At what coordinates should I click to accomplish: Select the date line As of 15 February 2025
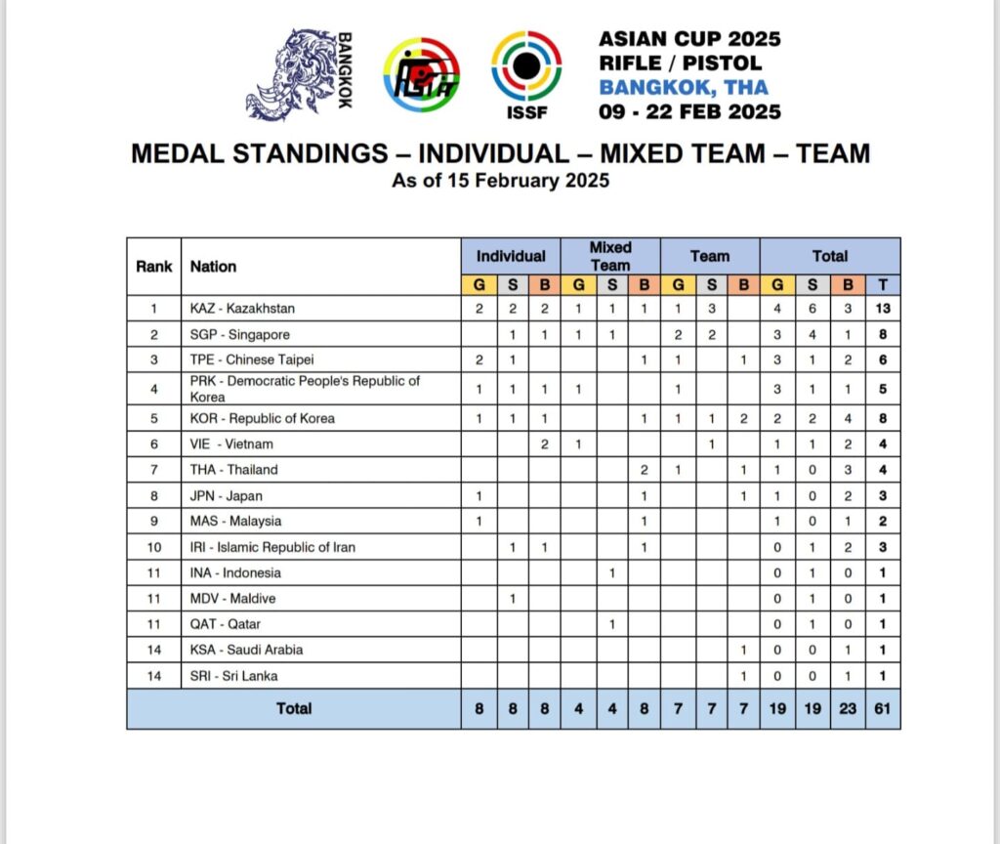(500, 181)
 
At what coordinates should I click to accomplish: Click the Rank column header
(154, 266)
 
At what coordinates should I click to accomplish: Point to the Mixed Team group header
(610, 256)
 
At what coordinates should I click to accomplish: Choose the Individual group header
(511, 256)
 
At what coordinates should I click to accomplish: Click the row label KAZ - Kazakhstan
(242, 309)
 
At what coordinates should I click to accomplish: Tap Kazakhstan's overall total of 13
(883, 309)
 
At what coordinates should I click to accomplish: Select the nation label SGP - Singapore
(239, 335)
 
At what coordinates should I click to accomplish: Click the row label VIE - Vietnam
(231, 444)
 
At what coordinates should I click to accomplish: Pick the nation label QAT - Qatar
(226, 623)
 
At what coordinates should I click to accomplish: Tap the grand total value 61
(883, 708)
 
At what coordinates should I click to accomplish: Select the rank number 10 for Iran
(154, 547)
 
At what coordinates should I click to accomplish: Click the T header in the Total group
(883, 285)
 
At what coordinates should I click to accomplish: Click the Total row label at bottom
(293, 708)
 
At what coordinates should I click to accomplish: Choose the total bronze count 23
(848, 708)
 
